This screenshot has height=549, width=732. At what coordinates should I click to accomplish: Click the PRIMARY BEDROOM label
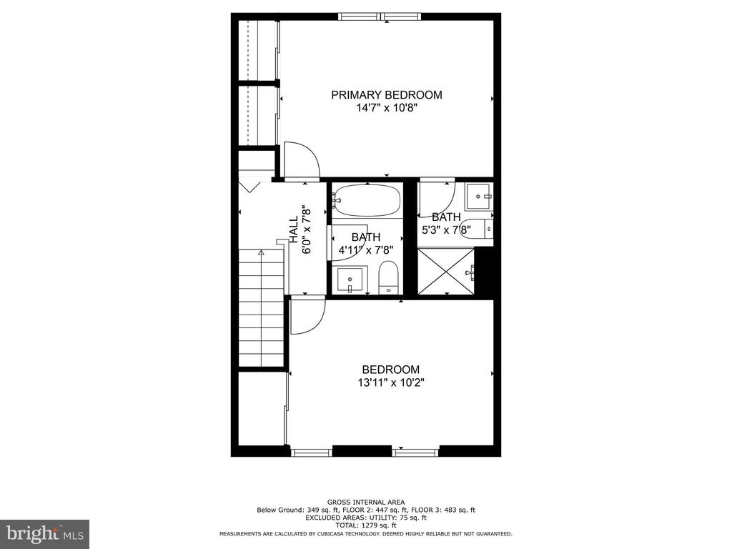click(x=387, y=95)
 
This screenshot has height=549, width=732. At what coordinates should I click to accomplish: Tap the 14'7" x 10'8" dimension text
click(x=387, y=109)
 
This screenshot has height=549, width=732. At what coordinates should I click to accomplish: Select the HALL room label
click(x=294, y=229)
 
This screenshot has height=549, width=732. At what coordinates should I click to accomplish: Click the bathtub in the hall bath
click(x=367, y=200)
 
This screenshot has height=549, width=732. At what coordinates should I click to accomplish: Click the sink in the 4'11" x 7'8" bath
click(x=350, y=280)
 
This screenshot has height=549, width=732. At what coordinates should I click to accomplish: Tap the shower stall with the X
click(x=445, y=271)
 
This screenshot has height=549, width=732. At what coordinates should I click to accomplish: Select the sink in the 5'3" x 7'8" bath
click(x=479, y=197)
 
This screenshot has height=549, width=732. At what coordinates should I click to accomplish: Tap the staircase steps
click(x=262, y=308)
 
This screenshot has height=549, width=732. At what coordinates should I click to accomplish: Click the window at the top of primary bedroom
click(x=380, y=17)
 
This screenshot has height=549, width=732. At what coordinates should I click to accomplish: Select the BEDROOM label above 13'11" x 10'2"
click(x=391, y=370)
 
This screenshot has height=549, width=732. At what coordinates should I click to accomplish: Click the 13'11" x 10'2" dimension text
click(x=391, y=383)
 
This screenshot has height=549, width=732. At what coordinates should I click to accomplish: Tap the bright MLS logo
click(x=45, y=534)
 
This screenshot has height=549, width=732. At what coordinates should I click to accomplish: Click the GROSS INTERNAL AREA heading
click(x=366, y=503)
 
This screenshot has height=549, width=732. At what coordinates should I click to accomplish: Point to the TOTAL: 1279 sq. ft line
click(x=366, y=525)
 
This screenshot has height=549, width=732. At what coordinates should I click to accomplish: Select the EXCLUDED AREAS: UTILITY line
click(x=366, y=518)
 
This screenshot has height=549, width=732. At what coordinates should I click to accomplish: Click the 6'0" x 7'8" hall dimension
click(x=307, y=229)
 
